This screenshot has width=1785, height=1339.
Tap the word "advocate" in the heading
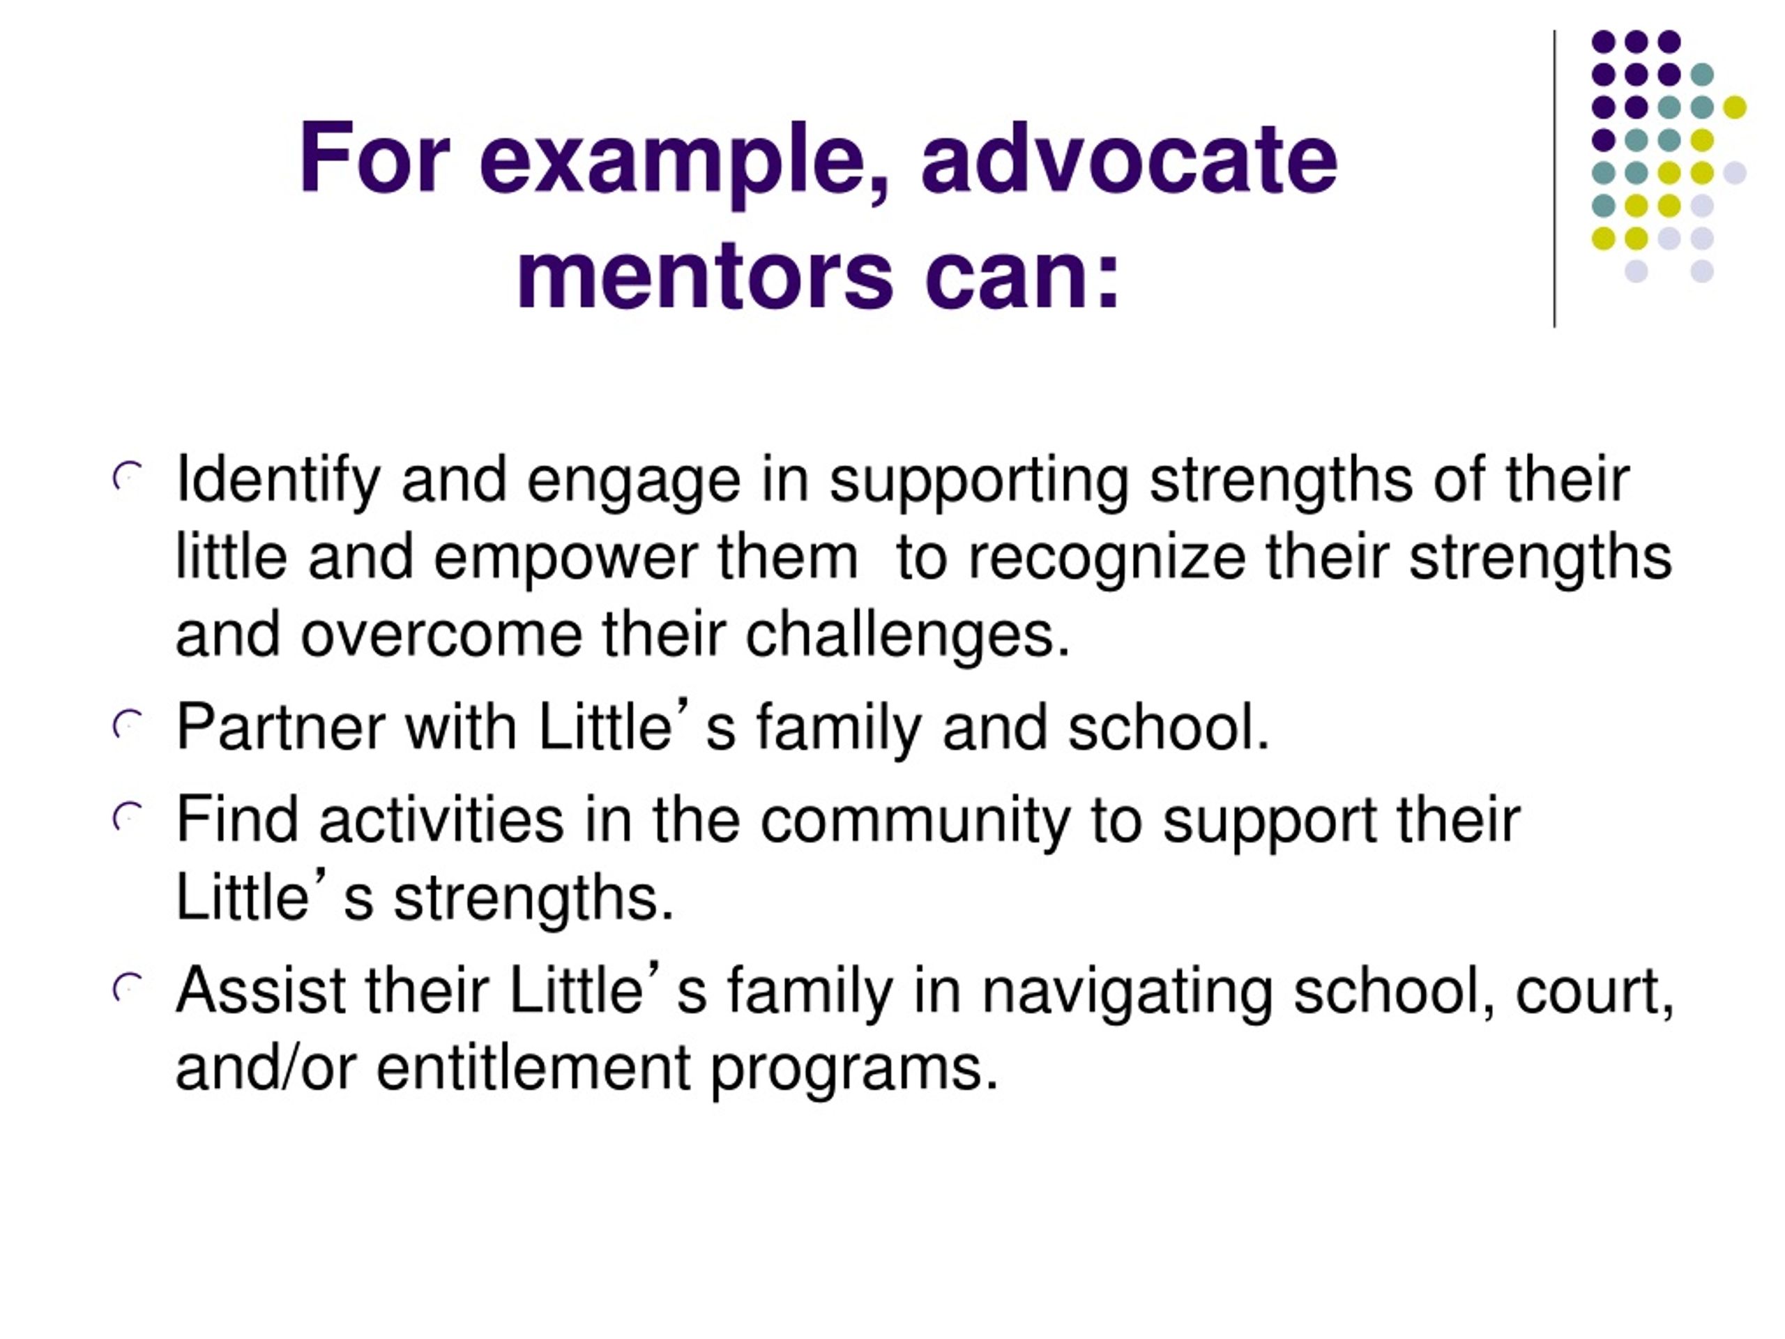1129,158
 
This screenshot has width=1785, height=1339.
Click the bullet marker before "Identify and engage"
128,478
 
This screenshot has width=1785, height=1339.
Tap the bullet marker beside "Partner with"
128,725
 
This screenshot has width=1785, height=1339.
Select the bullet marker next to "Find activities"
128,817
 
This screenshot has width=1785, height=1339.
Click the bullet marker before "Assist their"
128,989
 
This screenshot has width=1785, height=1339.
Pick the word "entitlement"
533,1068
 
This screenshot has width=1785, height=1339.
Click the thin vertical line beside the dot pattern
1554,179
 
